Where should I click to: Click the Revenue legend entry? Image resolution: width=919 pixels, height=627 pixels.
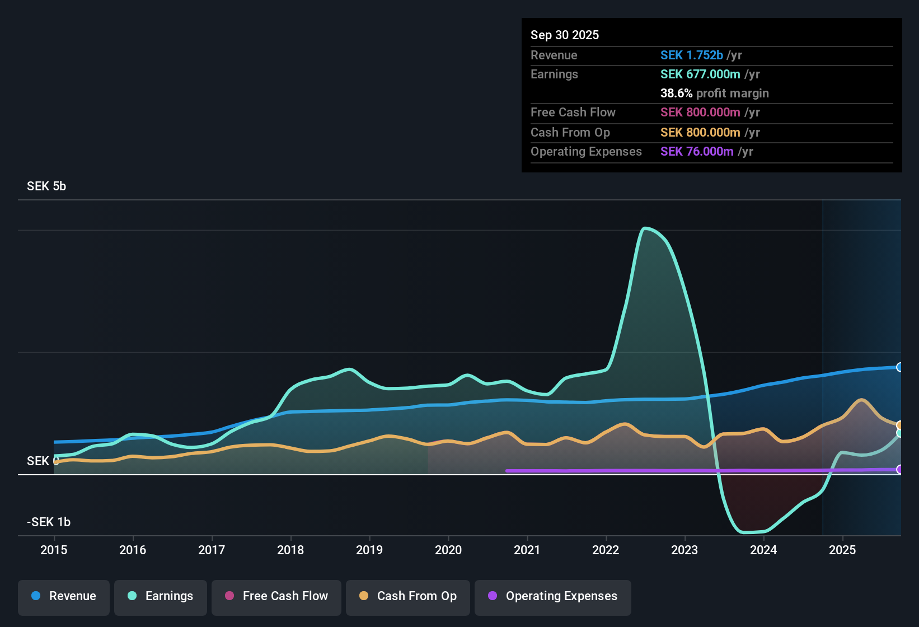click(64, 596)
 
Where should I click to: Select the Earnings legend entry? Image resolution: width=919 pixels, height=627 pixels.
click(161, 596)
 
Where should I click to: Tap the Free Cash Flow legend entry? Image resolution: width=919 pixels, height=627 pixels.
click(276, 596)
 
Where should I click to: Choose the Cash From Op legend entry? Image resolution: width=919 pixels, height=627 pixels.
click(408, 596)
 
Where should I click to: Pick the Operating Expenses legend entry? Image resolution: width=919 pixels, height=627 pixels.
click(553, 596)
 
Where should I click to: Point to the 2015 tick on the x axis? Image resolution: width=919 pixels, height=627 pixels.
click(54, 550)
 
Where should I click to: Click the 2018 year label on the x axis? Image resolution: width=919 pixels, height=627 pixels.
click(290, 550)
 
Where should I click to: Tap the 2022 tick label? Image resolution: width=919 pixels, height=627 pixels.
click(606, 550)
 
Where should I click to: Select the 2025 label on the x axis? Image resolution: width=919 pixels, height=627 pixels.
click(842, 550)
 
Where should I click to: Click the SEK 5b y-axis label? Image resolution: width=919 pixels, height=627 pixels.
click(46, 186)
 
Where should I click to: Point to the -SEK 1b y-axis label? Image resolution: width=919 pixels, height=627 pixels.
click(49, 522)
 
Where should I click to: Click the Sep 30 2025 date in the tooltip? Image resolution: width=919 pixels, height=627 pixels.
click(565, 35)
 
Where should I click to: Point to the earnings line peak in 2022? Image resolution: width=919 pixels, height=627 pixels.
click(645, 228)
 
